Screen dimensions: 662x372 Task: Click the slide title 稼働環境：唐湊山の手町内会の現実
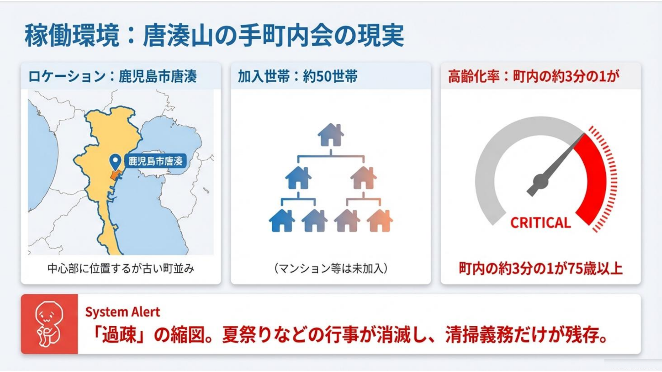pyautogui.click(x=214, y=35)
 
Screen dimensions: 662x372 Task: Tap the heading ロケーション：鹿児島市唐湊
pyautogui.click(x=112, y=76)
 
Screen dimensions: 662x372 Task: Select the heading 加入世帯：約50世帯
pyautogui.click(x=297, y=76)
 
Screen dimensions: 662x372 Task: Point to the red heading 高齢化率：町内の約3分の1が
pyautogui.click(x=533, y=76)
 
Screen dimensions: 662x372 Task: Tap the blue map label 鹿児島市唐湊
pyautogui.click(x=155, y=161)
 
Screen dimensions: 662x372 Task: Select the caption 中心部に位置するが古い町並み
pyautogui.click(x=121, y=268)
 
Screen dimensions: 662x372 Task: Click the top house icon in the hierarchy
pyautogui.click(x=331, y=135)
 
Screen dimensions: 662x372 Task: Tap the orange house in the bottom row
pyautogui.click(x=380, y=221)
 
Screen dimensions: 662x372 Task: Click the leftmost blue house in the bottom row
pyautogui.click(x=282, y=221)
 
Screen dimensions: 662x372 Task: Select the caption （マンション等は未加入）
pyautogui.click(x=331, y=268)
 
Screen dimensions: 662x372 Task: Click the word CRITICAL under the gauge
pyautogui.click(x=541, y=223)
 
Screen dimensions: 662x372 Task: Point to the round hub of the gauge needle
pyautogui.click(x=541, y=181)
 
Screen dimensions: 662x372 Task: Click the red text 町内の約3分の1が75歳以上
pyautogui.click(x=541, y=268)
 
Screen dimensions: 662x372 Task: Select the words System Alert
pyautogui.click(x=122, y=312)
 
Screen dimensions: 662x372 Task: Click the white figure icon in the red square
pyautogui.click(x=49, y=323)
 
